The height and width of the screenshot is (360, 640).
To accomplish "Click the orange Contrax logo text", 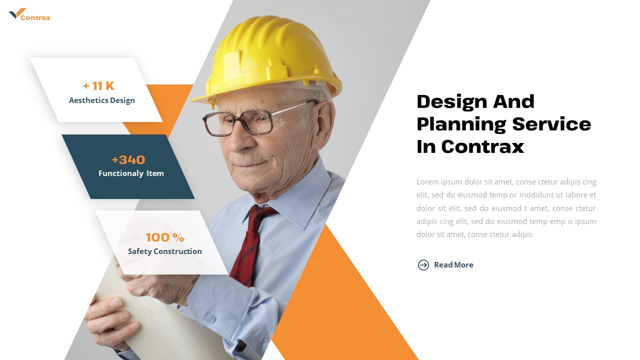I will (35, 18).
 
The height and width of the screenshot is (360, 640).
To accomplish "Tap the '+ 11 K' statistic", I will (98, 86).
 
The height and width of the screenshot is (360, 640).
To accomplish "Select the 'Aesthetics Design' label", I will (102, 100).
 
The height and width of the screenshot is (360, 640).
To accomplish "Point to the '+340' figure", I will (128, 160).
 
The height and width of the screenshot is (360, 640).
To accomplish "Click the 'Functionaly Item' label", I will (131, 173).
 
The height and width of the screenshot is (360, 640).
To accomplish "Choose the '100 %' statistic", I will (165, 237).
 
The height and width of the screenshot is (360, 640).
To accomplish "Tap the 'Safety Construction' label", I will (165, 251).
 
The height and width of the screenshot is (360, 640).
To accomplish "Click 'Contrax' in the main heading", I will (482, 146).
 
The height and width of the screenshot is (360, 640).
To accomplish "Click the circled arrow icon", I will (423, 265).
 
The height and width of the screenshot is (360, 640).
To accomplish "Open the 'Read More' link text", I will (453, 265).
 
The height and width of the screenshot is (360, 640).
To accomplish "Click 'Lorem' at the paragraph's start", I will (427, 182).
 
